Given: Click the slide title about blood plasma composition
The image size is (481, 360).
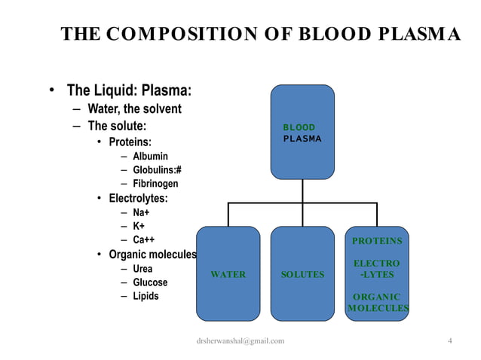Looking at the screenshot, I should click(x=260, y=35).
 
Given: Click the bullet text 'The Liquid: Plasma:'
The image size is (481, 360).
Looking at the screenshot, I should click(x=129, y=91).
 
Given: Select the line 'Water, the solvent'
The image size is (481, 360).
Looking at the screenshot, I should click(x=134, y=109).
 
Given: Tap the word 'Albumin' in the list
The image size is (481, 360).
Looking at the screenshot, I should click(x=150, y=156).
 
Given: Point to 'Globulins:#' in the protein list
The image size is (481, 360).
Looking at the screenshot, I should click(x=157, y=169).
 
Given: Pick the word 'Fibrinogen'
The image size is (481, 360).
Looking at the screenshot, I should click(x=155, y=183).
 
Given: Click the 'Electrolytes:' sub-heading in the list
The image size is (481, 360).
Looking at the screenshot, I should click(x=138, y=199).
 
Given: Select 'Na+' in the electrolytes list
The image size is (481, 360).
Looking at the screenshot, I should click(x=141, y=212).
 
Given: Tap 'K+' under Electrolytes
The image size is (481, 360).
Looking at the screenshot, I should click(x=139, y=226).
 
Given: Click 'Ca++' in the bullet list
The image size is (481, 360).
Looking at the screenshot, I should click(x=144, y=239).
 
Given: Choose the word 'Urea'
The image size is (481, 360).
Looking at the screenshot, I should click(x=142, y=269).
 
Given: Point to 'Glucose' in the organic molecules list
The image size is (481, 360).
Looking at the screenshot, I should click(x=150, y=282).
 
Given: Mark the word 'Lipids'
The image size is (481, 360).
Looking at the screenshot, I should click(x=146, y=296).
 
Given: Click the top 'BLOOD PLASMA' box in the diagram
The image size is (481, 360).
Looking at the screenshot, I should click(x=302, y=133).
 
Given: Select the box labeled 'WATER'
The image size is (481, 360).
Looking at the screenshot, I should click(x=228, y=274).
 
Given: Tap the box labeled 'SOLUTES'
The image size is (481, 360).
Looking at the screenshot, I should click(x=302, y=274).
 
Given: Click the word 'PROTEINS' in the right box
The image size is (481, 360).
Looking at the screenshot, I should click(x=377, y=241).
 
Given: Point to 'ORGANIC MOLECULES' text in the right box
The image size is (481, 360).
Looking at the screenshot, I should click(x=377, y=302).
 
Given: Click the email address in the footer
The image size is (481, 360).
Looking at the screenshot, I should click(x=240, y=341).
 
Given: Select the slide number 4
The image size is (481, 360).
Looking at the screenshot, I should click(x=449, y=340).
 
